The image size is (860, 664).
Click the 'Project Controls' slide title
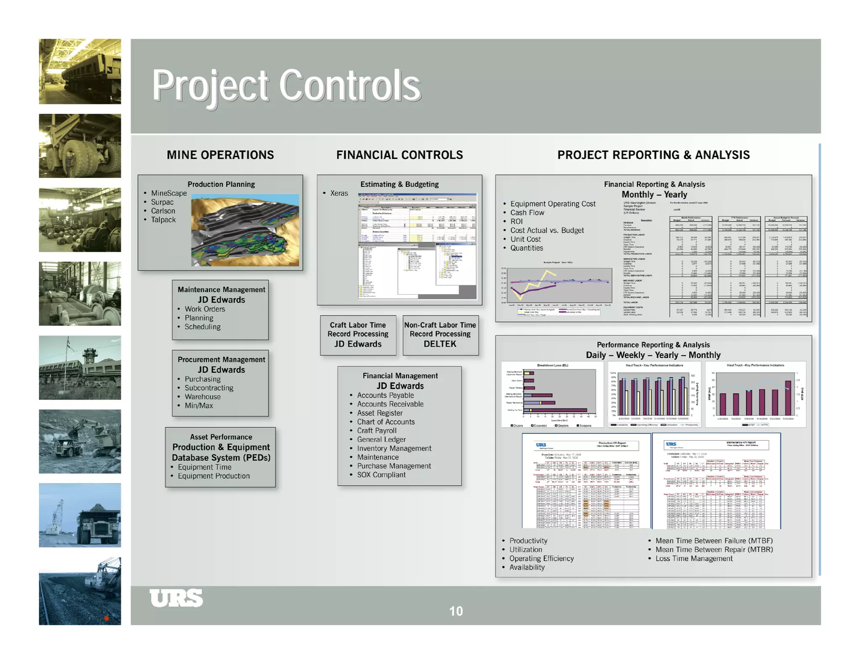pos(286,86)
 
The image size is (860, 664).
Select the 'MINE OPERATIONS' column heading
pos(220,155)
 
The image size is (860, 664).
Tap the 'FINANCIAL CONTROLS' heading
pos(399,155)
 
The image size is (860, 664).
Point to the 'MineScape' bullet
pos(169,193)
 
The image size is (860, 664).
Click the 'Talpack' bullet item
pos(163,220)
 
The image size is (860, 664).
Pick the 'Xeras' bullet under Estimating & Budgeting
pos(339,193)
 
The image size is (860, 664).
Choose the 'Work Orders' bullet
pos(205,309)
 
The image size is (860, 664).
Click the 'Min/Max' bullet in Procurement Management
pos(199,405)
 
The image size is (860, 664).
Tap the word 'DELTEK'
pos(440,344)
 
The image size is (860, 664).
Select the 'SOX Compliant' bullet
pos(381,475)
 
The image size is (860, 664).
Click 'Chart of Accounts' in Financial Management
pos(385,422)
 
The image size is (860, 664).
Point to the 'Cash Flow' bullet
pos(527,212)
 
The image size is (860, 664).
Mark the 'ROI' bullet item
pos(517,221)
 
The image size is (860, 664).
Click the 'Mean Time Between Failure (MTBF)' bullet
pos(714,541)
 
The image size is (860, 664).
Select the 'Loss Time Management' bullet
pos(694,558)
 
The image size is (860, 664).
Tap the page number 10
pos(456,611)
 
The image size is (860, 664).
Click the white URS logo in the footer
pos(176,598)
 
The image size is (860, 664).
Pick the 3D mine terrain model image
pos(245,231)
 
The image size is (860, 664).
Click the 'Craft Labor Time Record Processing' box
pos(358,335)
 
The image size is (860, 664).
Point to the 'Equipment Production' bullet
pos(213,476)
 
